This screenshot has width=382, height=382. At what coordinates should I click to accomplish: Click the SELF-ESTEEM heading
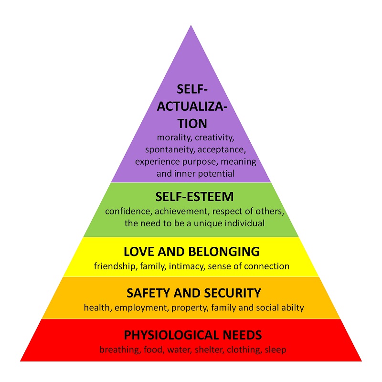tap(194, 197)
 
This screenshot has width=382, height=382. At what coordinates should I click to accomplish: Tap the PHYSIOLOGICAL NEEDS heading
tap(193, 335)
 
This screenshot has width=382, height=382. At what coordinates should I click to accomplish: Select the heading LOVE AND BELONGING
tap(192, 252)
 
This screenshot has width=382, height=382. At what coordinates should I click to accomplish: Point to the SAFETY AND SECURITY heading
tap(194, 293)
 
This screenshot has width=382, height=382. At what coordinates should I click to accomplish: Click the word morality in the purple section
tap(174, 138)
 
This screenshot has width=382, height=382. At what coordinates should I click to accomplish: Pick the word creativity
tap(214, 138)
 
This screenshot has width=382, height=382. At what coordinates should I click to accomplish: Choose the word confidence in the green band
tap(128, 211)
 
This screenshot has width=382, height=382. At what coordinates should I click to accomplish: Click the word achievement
tap(182, 211)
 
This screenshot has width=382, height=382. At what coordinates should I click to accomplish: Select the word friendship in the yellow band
tap(116, 266)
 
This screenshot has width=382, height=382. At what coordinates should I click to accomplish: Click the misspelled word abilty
tap(293, 308)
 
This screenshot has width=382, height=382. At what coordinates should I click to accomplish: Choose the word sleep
tap(276, 350)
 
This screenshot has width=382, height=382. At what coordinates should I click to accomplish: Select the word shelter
tap(209, 350)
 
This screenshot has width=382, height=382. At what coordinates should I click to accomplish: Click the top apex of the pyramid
tap(191, 25)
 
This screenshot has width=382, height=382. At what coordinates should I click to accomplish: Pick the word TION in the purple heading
tap(192, 124)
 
